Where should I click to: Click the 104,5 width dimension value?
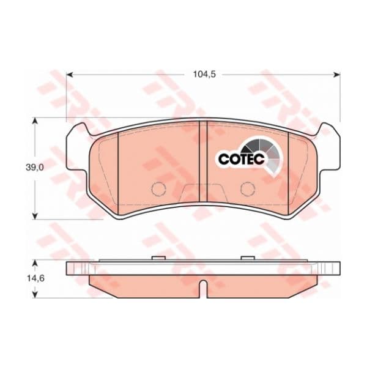[x=204, y=75]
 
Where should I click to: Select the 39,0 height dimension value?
[x=35, y=168]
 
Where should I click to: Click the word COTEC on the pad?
[x=242, y=159]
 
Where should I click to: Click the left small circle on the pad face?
[x=159, y=189]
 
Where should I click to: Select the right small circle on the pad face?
[x=248, y=189]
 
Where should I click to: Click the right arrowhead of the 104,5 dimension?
[x=336, y=75]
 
